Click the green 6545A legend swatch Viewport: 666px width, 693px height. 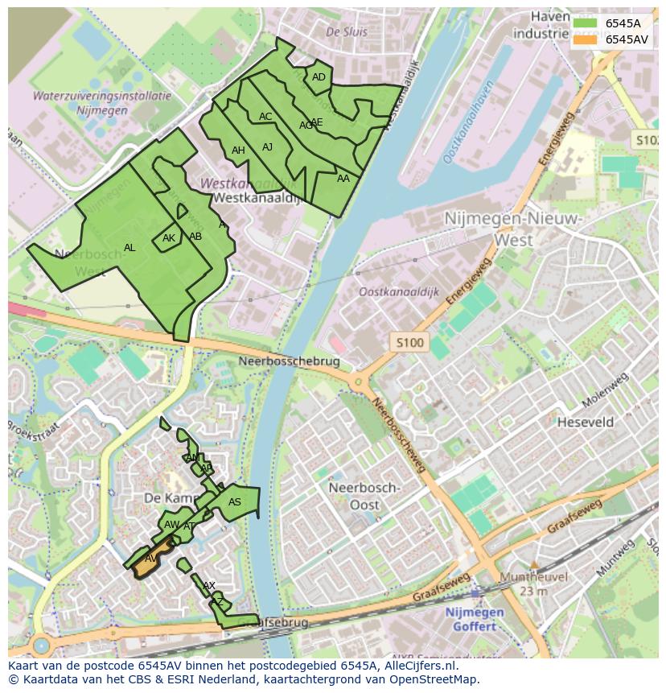coord(585,23)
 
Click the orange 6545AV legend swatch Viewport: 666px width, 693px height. coord(585,39)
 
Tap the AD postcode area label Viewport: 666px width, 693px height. coord(319,77)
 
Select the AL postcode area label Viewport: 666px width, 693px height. coord(129,248)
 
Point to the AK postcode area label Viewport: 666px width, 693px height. coord(169,238)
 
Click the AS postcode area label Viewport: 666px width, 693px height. coord(235,502)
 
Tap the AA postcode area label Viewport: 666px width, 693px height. coord(343,179)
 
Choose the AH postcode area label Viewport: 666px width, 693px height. coord(238,151)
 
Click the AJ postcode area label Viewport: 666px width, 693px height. coord(268,147)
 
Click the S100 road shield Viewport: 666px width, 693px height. coord(409,343)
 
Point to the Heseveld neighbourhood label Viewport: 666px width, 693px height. coord(586,422)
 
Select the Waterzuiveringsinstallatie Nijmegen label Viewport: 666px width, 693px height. coord(102,103)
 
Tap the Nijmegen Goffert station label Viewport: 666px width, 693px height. coord(475,619)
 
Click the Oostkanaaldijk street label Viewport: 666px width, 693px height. coord(399,292)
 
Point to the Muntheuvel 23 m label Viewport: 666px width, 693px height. coord(533,584)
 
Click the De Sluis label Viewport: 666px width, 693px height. coord(347,32)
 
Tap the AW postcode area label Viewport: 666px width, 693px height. coord(171,525)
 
